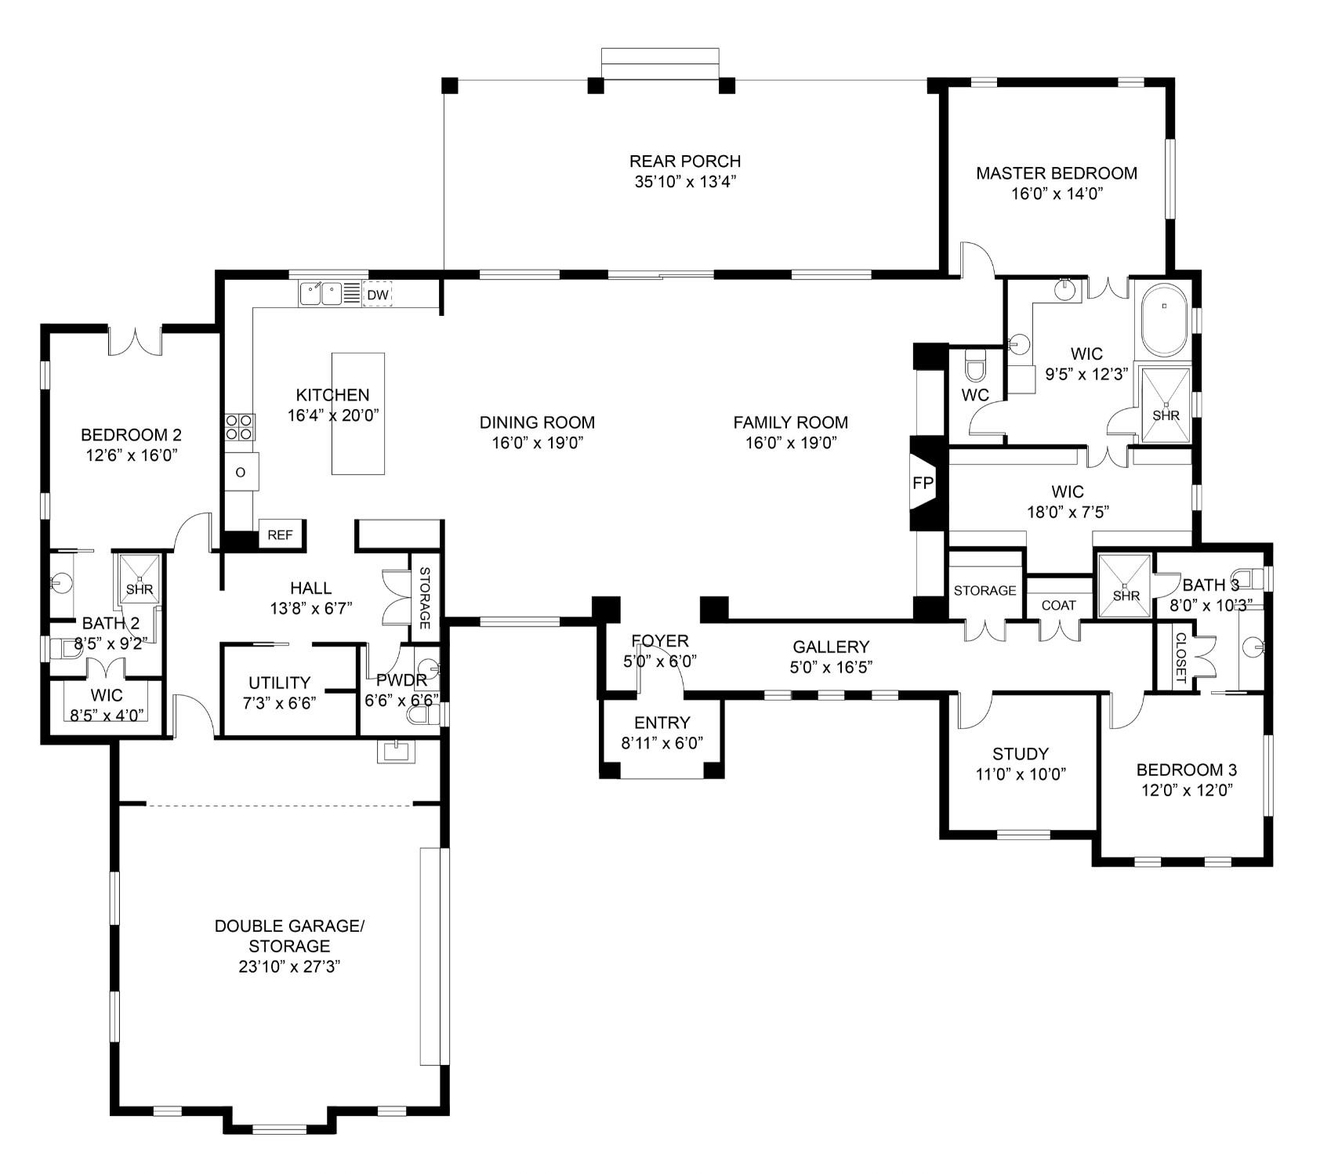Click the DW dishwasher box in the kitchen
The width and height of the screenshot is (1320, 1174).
click(x=378, y=295)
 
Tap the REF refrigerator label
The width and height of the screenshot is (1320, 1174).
click(x=280, y=535)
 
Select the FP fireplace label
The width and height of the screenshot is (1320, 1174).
click(x=923, y=484)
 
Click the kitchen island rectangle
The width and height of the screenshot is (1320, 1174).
click(x=358, y=413)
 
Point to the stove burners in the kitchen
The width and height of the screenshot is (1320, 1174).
click(x=239, y=427)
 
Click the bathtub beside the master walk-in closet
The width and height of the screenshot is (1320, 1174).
click(x=1163, y=321)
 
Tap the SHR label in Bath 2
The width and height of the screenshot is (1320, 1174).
click(x=140, y=589)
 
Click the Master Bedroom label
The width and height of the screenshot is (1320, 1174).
click(x=1056, y=173)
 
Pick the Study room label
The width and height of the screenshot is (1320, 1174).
click(x=1020, y=754)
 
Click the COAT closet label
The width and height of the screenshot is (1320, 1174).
click(x=1058, y=605)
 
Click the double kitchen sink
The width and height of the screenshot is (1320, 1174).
click(x=321, y=294)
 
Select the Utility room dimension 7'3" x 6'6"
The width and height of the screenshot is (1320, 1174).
click(x=280, y=703)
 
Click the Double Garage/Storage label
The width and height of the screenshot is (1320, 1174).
click(x=289, y=936)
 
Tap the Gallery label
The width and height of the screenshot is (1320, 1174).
click(x=830, y=647)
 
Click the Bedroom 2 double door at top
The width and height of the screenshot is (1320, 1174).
click(x=135, y=339)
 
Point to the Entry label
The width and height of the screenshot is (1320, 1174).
click(x=662, y=723)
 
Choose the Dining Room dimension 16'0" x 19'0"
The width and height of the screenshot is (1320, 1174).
click(x=537, y=443)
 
